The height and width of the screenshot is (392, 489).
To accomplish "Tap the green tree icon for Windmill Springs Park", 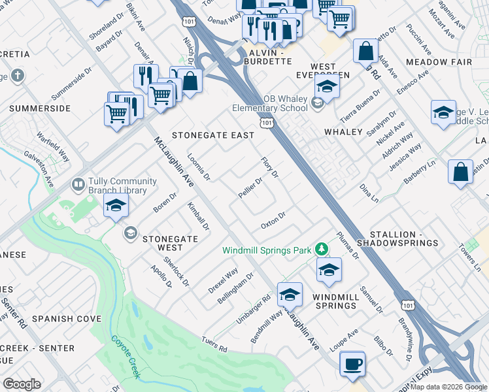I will (x=321, y=249).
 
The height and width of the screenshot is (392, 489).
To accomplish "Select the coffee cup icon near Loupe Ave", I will (x=353, y=364).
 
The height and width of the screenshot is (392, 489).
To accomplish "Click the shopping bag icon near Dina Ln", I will (x=461, y=172).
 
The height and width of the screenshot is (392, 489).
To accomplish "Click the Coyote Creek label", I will (x=126, y=356).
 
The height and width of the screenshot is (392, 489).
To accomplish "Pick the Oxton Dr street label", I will (x=273, y=220).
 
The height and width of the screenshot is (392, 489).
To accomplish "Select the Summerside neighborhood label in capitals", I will (x=40, y=108).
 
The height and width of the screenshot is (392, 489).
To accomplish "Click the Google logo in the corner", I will (x=22, y=384).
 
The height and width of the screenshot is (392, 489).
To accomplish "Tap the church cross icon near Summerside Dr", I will (x=17, y=76).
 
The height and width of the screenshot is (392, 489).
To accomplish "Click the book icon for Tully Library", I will (x=78, y=186).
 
